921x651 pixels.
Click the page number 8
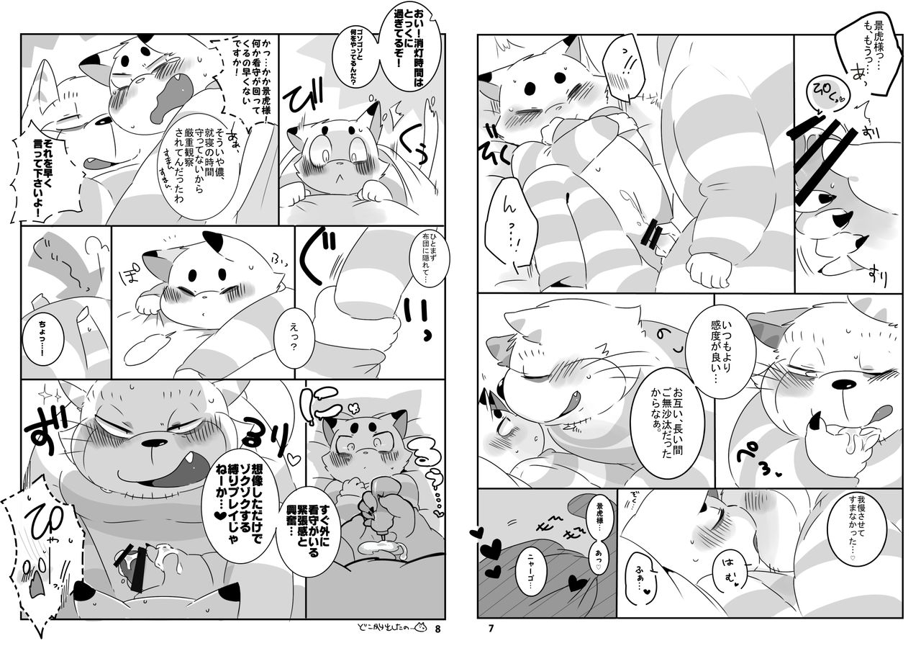pos(437,628)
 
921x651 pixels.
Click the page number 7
pos(491,628)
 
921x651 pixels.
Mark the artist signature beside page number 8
pos(393,628)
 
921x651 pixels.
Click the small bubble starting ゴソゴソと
pos(355,67)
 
